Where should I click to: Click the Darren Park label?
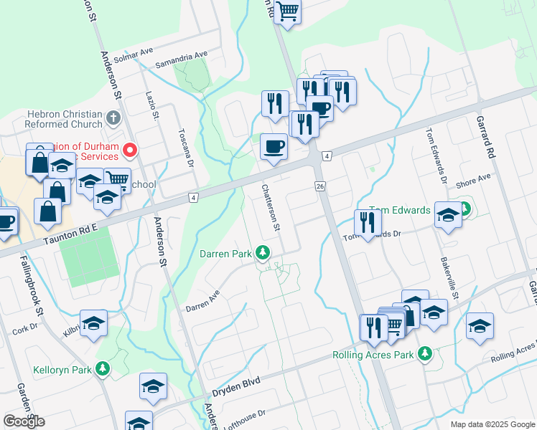coord(225,254)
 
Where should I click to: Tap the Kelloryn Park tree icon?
coord(103,369)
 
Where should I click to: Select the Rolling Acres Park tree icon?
coord(426,353)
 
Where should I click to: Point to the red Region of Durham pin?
coord(130,149)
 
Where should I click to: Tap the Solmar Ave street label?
coord(137,52)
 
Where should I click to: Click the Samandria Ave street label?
coord(186,54)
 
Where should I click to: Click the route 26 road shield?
coord(320,186)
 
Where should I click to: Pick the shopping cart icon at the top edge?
coord(288,11)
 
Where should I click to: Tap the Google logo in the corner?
coord(24,421)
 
